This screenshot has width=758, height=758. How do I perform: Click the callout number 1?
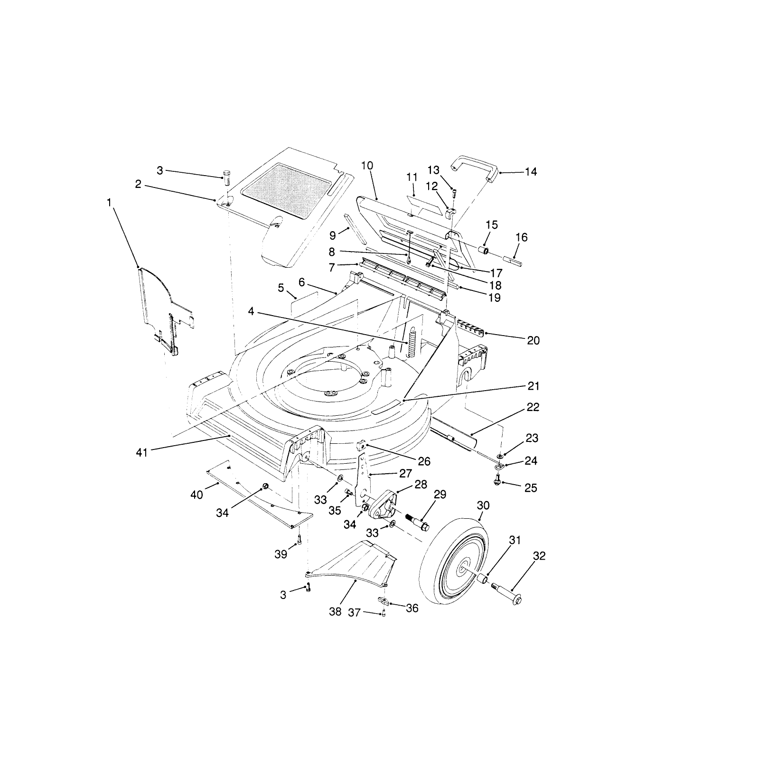click(x=110, y=203)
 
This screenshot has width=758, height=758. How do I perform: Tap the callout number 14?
click(x=531, y=172)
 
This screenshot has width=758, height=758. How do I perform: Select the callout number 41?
click(x=142, y=453)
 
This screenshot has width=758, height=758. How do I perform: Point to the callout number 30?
click(x=483, y=505)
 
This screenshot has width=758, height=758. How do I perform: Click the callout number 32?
click(x=539, y=556)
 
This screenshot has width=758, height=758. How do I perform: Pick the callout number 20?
click(x=533, y=341)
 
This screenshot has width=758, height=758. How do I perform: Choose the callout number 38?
click(x=335, y=611)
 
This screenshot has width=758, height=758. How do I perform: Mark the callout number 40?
click(x=197, y=495)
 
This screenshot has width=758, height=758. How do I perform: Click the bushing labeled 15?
click(x=484, y=250)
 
